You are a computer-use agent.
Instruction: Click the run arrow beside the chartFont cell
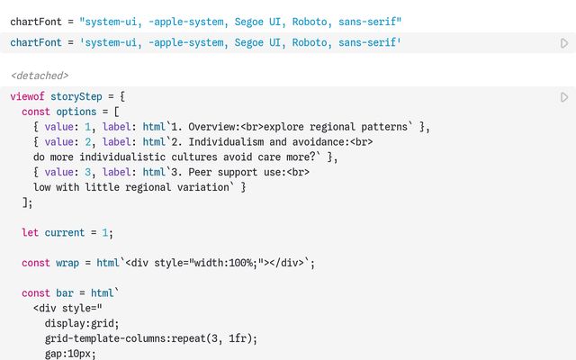[564, 42]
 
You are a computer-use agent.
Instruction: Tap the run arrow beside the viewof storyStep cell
[564, 97]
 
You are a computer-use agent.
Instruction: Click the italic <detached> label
[40, 76]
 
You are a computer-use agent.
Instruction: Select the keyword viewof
[28, 96]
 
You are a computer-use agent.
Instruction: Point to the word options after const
[76, 112]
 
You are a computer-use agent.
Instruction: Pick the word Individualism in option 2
[227, 142]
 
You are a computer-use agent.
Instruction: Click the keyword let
[31, 232]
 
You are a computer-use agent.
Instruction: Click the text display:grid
[82, 324]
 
